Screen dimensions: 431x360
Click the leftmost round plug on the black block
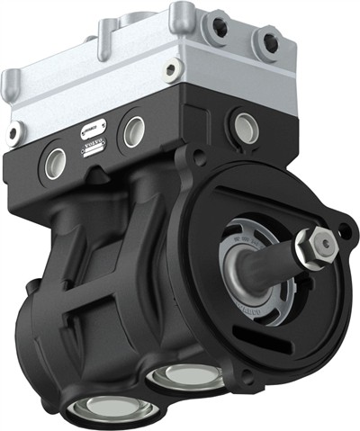pyautogui.click(x=53, y=162)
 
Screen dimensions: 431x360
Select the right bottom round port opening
pyautogui.click(x=186, y=376)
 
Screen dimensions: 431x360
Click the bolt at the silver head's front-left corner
pyautogui.click(x=13, y=134)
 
